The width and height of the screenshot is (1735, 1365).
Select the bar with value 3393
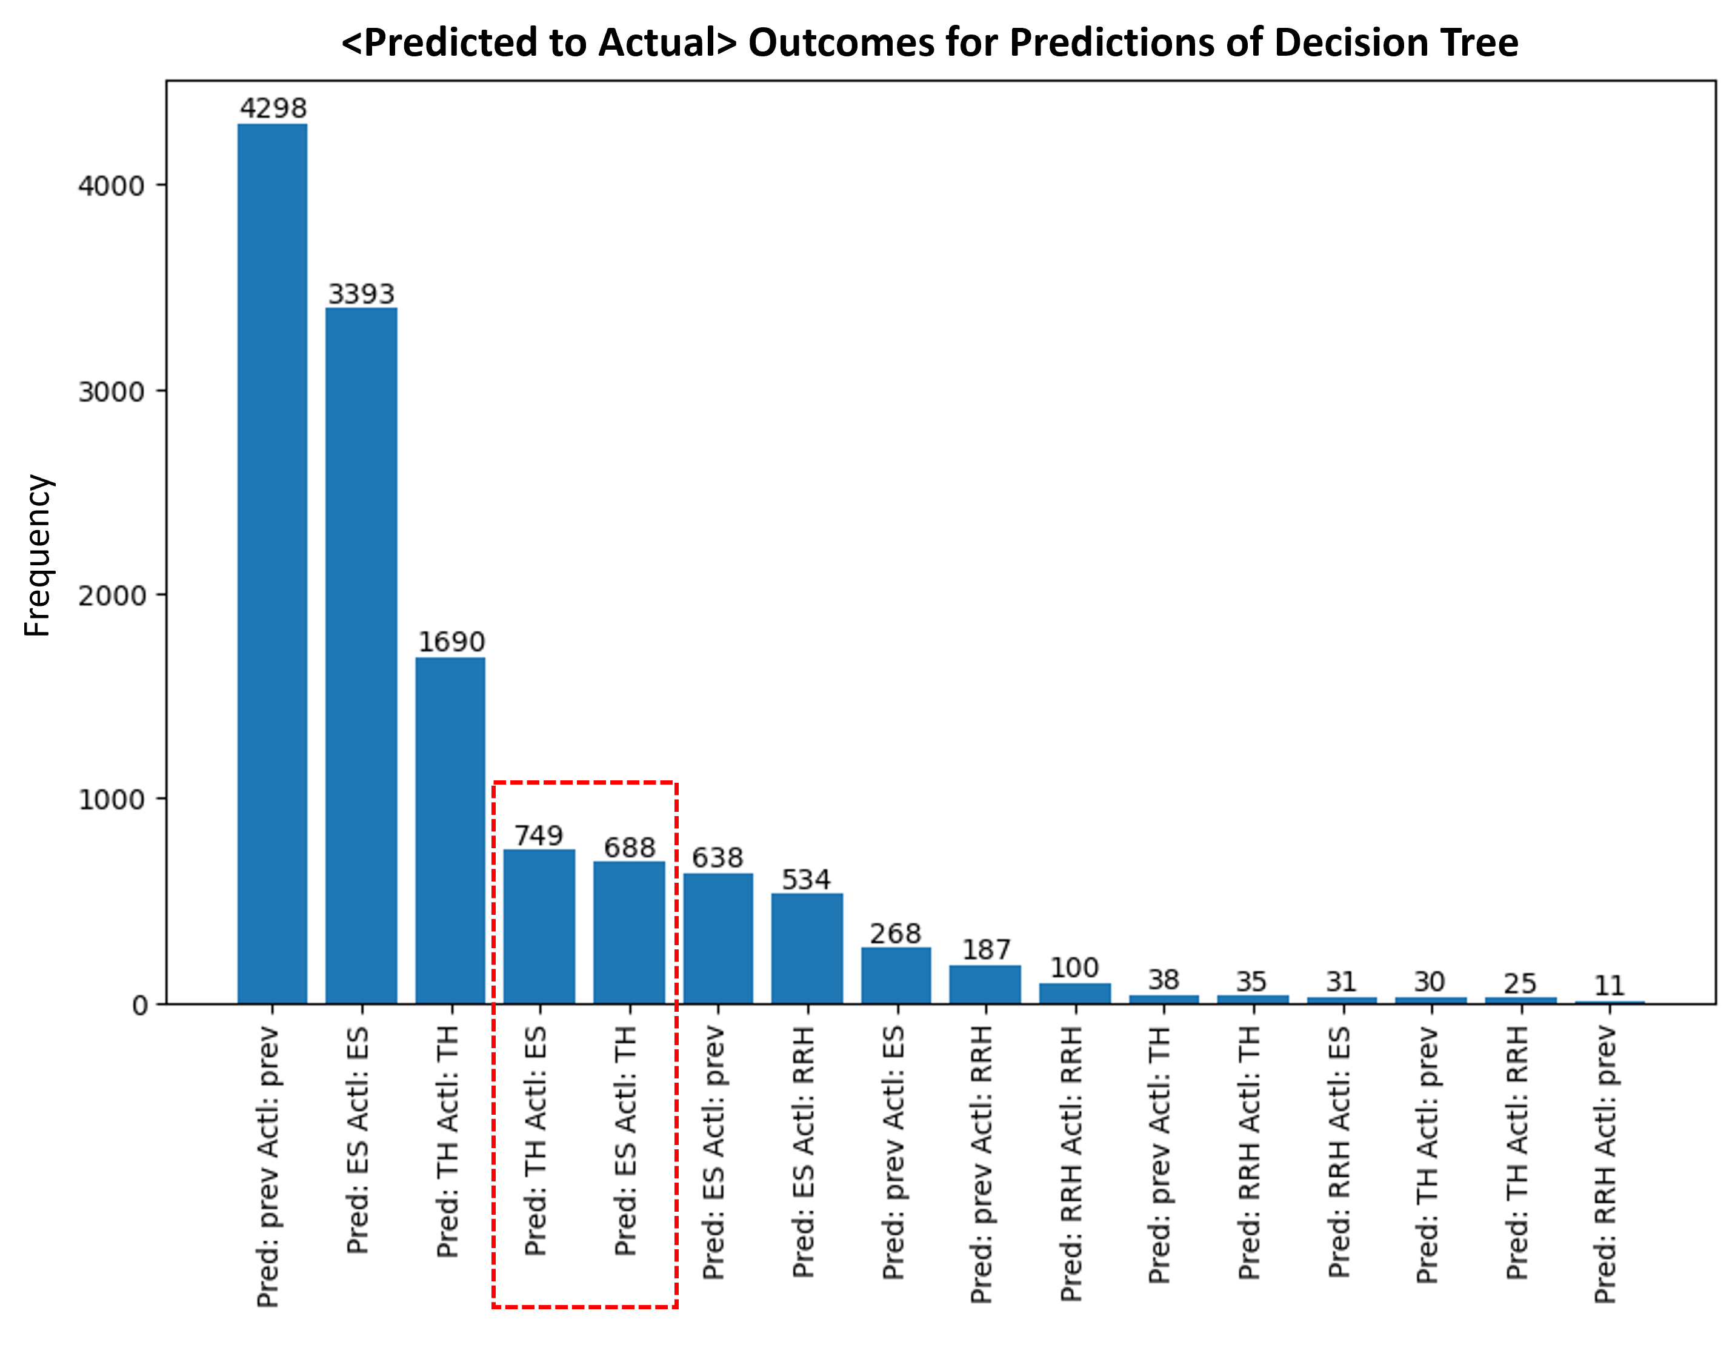tap(361, 656)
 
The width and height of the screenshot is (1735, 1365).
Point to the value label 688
tap(629, 847)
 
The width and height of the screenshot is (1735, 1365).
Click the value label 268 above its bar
tap(895, 932)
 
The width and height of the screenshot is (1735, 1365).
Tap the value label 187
tap(985, 949)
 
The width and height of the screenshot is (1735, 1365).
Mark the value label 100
tap(1074, 968)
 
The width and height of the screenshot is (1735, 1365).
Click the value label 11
tap(1609, 985)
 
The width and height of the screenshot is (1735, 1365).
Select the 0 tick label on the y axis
tap(140, 1005)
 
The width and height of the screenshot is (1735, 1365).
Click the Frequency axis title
tap(38, 556)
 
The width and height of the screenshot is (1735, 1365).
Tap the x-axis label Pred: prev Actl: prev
tap(268, 1167)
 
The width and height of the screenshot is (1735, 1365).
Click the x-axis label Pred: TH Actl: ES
tap(536, 1141)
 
